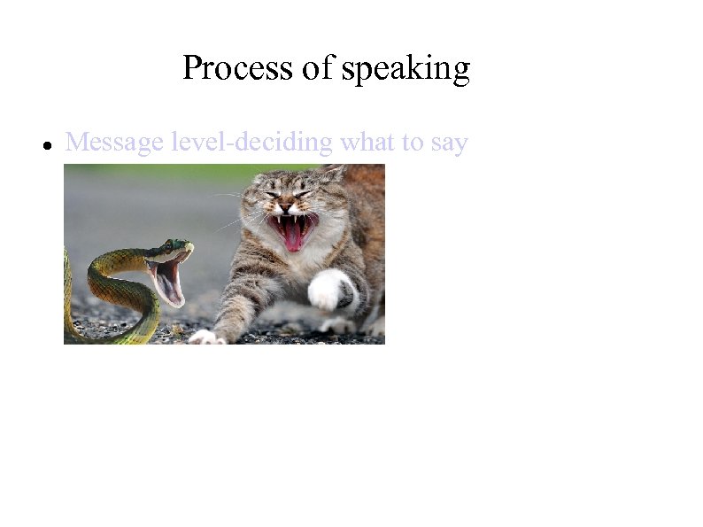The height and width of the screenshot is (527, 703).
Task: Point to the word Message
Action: [x=114, y=142]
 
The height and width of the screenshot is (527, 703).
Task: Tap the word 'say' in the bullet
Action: [x=449, y=143]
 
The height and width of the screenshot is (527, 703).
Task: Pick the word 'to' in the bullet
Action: [x=413, y=142]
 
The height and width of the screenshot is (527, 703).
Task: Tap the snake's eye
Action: [x=176, y=245]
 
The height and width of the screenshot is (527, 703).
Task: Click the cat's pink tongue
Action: [x=292, y=235]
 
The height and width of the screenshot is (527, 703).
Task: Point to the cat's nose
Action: [x=288, y=207]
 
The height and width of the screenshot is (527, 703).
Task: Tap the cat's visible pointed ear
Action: [x=332, y=174]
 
